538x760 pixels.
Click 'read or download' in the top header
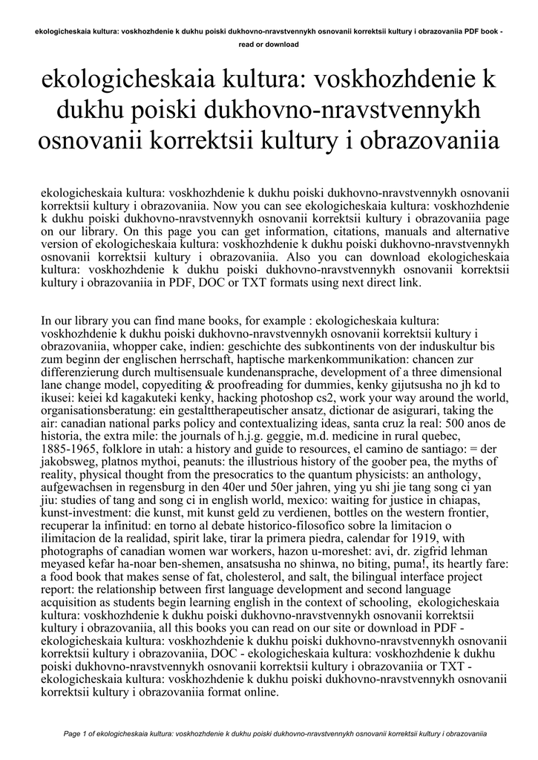269,45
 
